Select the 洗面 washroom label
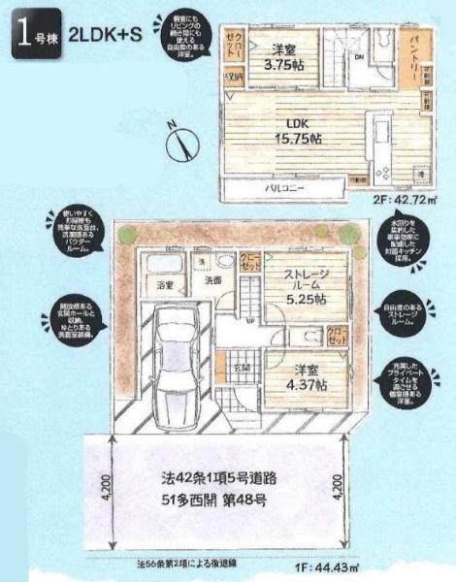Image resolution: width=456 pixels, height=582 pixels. coord(212,280)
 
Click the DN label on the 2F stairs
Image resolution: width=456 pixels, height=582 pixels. coord(358,57)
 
